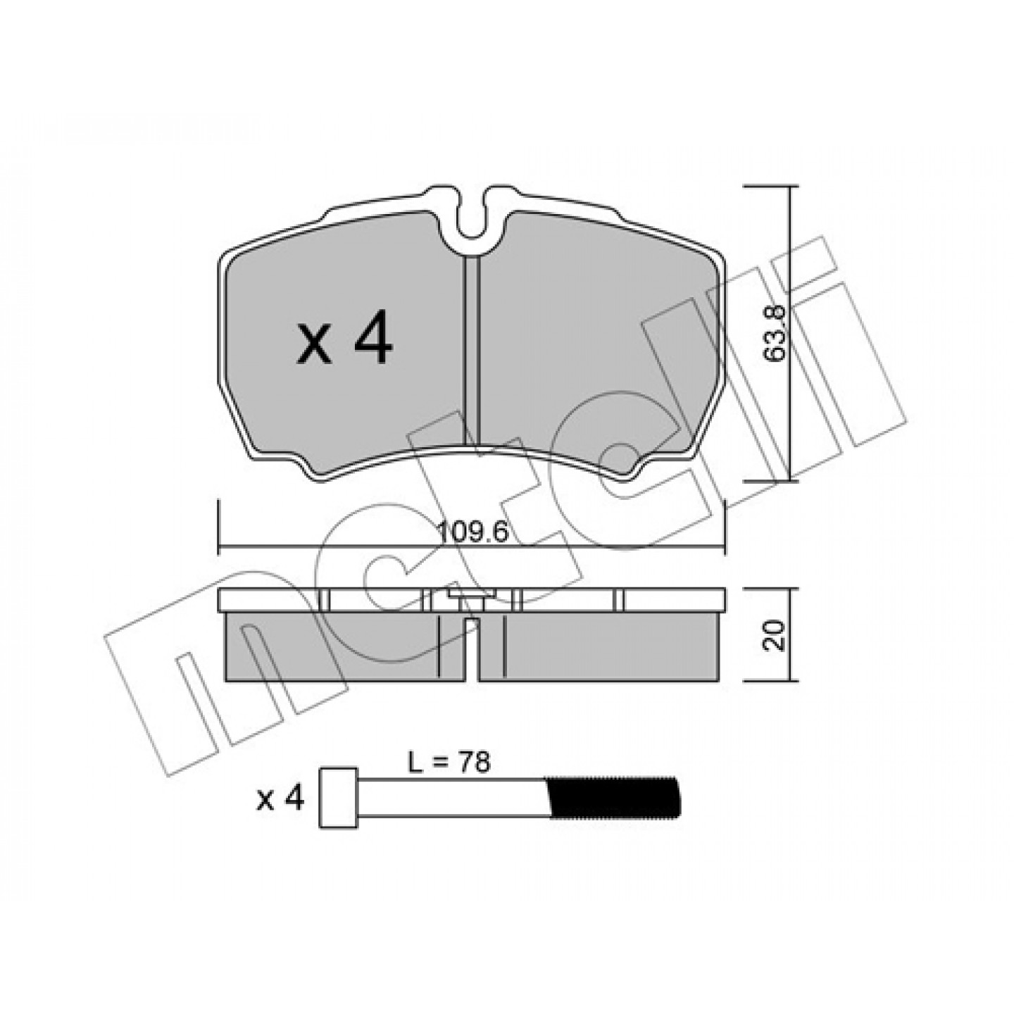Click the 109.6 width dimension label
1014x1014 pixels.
pos(473,534)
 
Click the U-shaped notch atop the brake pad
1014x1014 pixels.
pos(472,221)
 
